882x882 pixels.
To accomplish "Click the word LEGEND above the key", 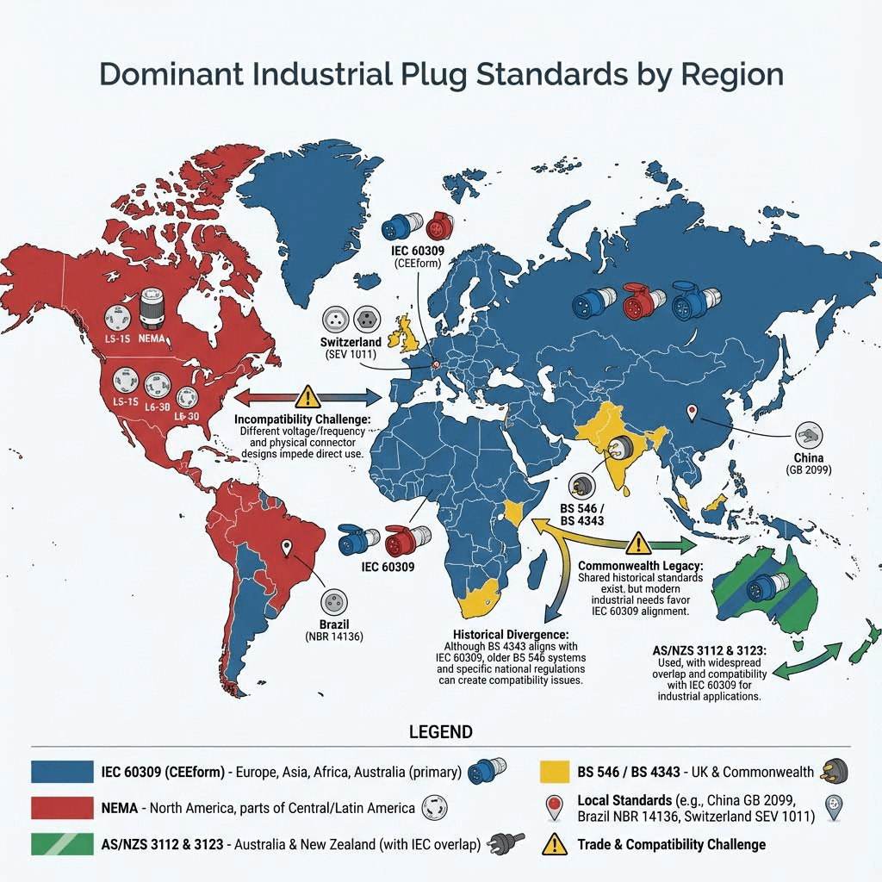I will [x=440, y=732].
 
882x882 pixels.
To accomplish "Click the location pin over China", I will [x=690, y=413].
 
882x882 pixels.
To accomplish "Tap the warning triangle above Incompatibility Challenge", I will [x=307, y=397].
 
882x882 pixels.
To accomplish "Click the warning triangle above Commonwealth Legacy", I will [x=637, y=543].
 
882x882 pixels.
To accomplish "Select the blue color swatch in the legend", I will [x=61, y=770].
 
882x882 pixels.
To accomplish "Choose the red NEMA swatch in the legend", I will [x=61, y=808].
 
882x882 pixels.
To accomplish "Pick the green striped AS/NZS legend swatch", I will [x=61, y=844].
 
